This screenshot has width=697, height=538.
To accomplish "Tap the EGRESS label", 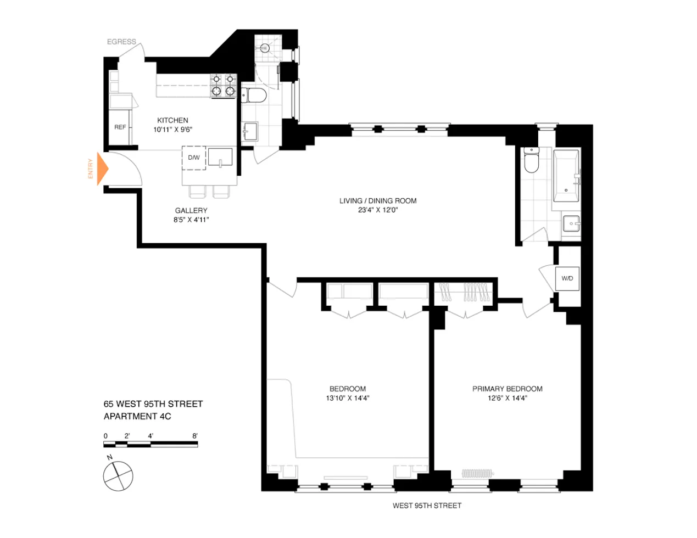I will (x=121, y=42).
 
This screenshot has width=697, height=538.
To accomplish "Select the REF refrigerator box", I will (x=120, y=127).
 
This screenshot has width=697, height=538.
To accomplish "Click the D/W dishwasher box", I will (x=194, y=158).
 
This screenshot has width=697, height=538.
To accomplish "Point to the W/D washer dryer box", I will (x=567, y=278).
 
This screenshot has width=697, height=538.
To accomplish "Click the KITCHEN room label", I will (x=172, y=120).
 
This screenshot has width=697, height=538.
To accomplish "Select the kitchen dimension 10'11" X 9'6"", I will (x=172, y=130).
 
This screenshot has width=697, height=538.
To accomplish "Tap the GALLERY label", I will (x=191, y=210).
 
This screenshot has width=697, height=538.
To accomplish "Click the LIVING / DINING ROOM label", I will (x=378, y=201).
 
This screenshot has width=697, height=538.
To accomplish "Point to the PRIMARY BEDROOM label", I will (x=507, y=389).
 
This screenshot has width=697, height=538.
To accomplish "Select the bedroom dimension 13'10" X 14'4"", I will (x=347, y=399).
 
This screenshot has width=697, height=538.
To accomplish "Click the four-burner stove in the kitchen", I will (x=224, y=86).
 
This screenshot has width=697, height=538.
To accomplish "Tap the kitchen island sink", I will (x=220, y=158).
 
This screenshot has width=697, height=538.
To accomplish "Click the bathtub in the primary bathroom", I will (x=566, y=176).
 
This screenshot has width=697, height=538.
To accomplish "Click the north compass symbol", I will (x=118, y=475).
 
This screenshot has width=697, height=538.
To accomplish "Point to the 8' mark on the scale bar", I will (x=195, y=436).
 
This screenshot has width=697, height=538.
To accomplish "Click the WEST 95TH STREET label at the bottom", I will (x=427, y=506).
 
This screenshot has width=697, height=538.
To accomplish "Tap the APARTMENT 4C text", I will (x=137, y=416).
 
